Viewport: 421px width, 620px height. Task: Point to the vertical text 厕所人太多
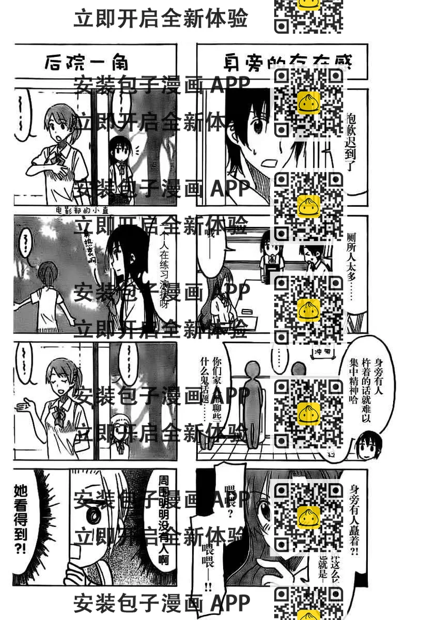(352, 263)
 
